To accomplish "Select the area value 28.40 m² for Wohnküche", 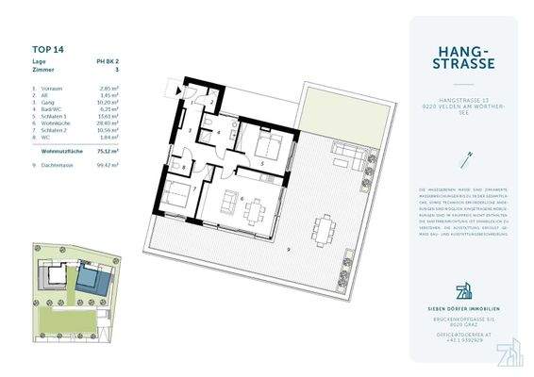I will [113, 122].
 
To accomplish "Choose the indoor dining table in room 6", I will [254, 211].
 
